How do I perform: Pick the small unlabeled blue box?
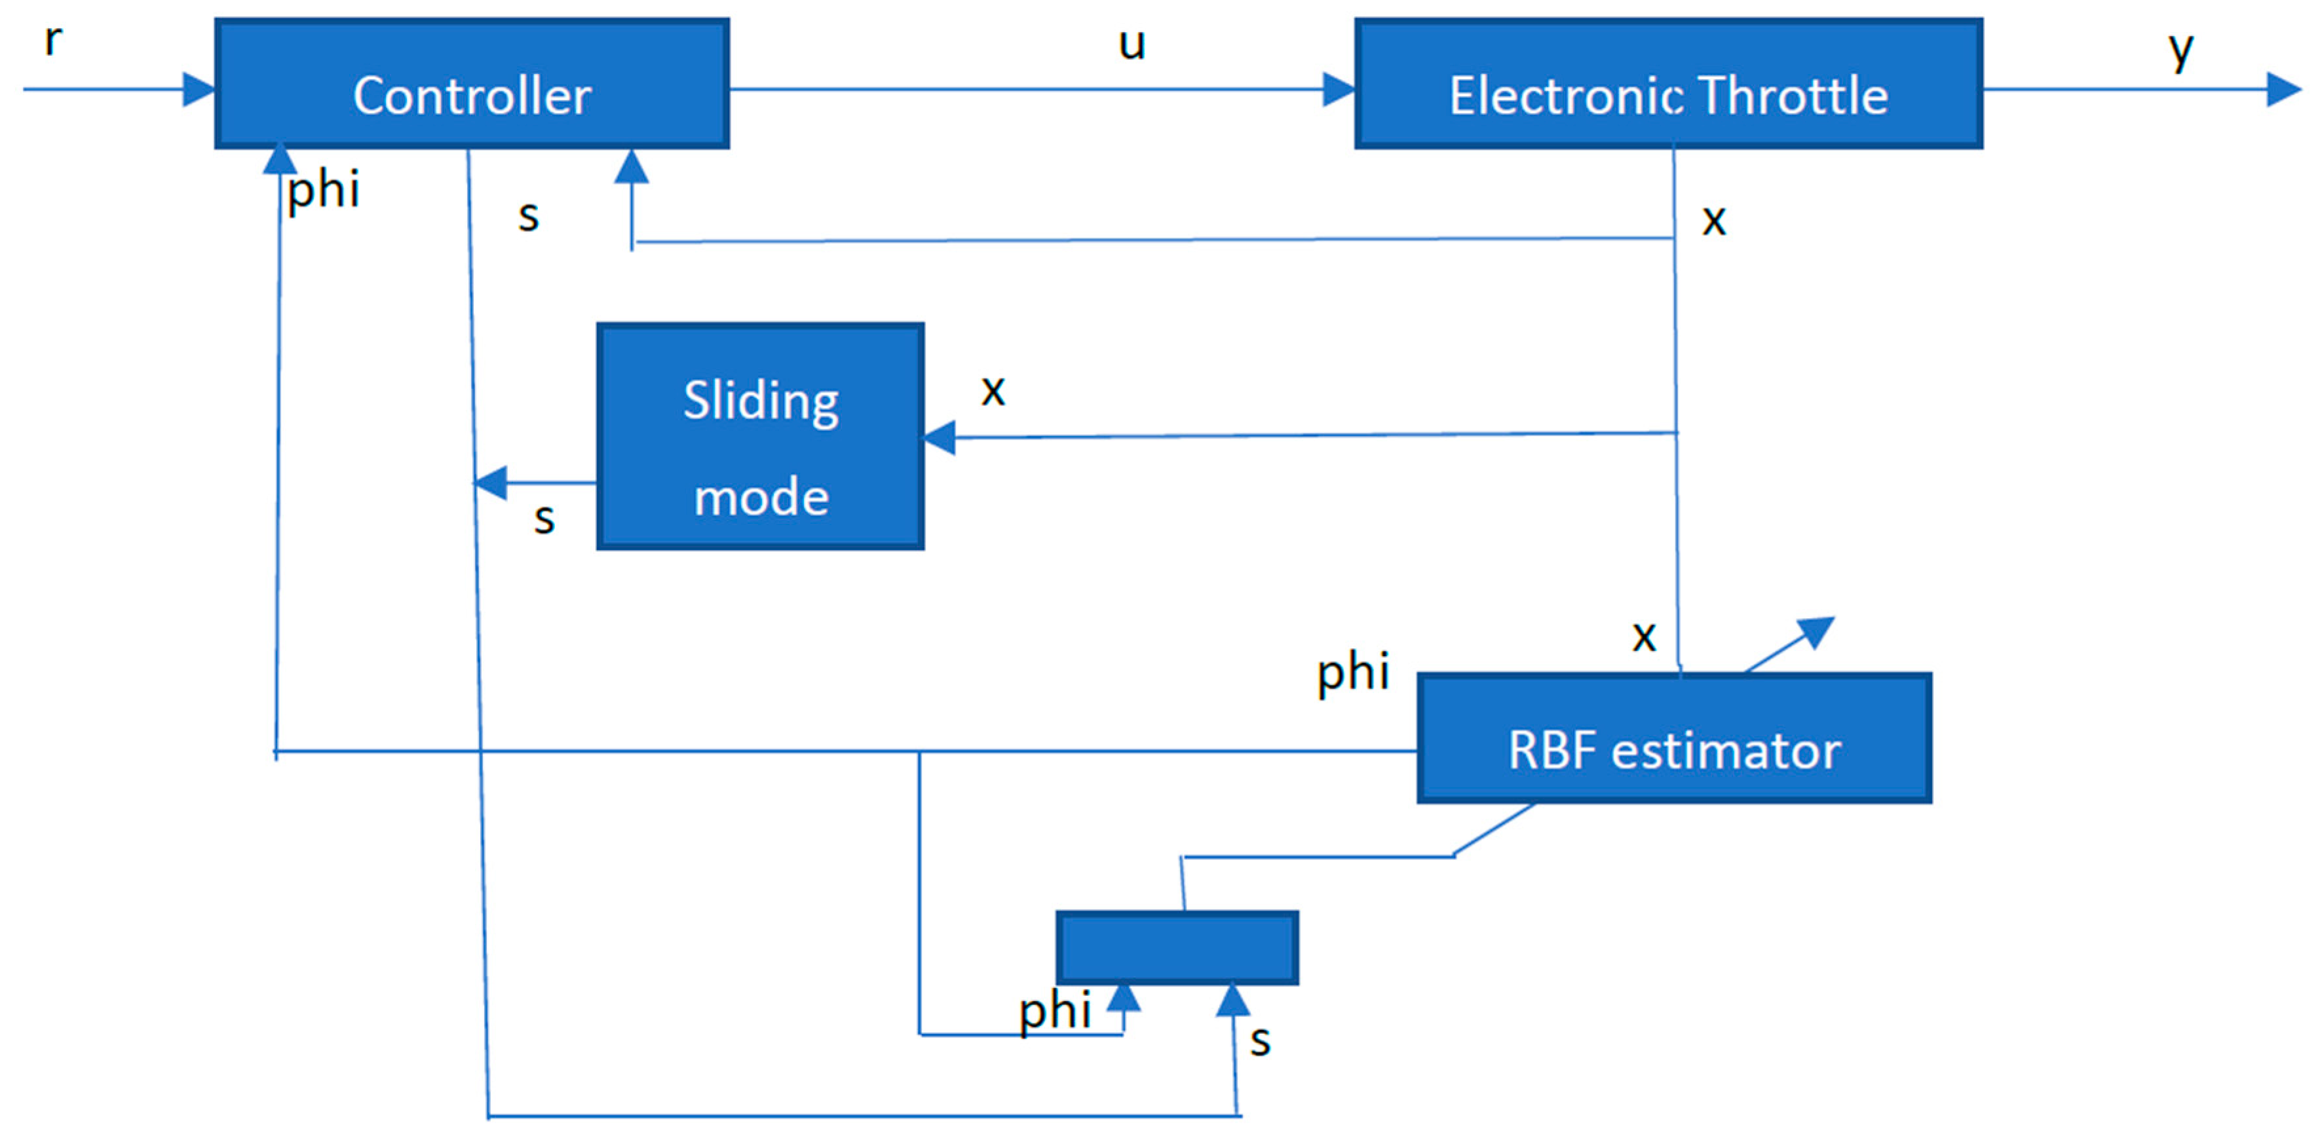click(x=1176, y=947)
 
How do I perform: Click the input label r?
click(x=53, y=39)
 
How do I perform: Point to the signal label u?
click(x=1131, y=43)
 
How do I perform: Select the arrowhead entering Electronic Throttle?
click(x=1339, y=89)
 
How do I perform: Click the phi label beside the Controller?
click(x=323, y=190)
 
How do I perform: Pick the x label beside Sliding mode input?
click(x=993, y=389)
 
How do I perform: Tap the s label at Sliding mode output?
click(x=544, y=519)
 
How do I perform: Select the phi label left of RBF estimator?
click(x=1353, y=672)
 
